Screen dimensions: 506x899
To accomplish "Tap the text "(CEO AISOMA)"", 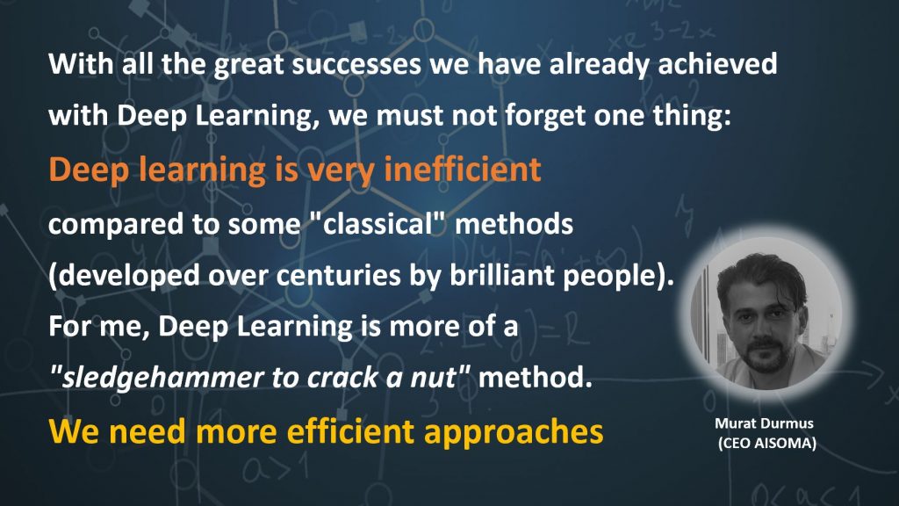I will tap(766, 444).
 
